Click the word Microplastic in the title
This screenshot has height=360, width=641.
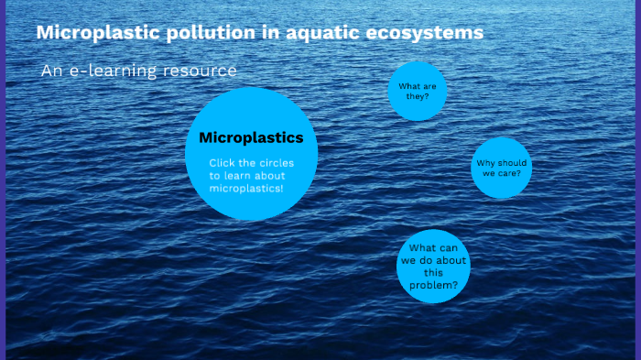click(x=91, y=34)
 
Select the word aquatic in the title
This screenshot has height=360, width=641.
click(x=305, y=34)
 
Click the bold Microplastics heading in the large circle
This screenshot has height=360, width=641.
click(x=251, y=138)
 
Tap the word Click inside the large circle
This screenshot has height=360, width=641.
click(x=224, y=163)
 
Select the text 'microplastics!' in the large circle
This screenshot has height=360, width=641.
click(x=246, y=188)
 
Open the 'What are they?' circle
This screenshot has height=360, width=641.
click(x=417, y=91)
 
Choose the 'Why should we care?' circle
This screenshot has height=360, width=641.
click(x=501, y=168)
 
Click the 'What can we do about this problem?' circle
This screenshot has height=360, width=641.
click(x=433, y=267)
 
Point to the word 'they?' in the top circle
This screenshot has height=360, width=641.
click(x=418, y=96)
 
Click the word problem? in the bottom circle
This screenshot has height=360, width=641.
click(x=434, y=285)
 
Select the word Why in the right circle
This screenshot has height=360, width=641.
click(x=485, y=163)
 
